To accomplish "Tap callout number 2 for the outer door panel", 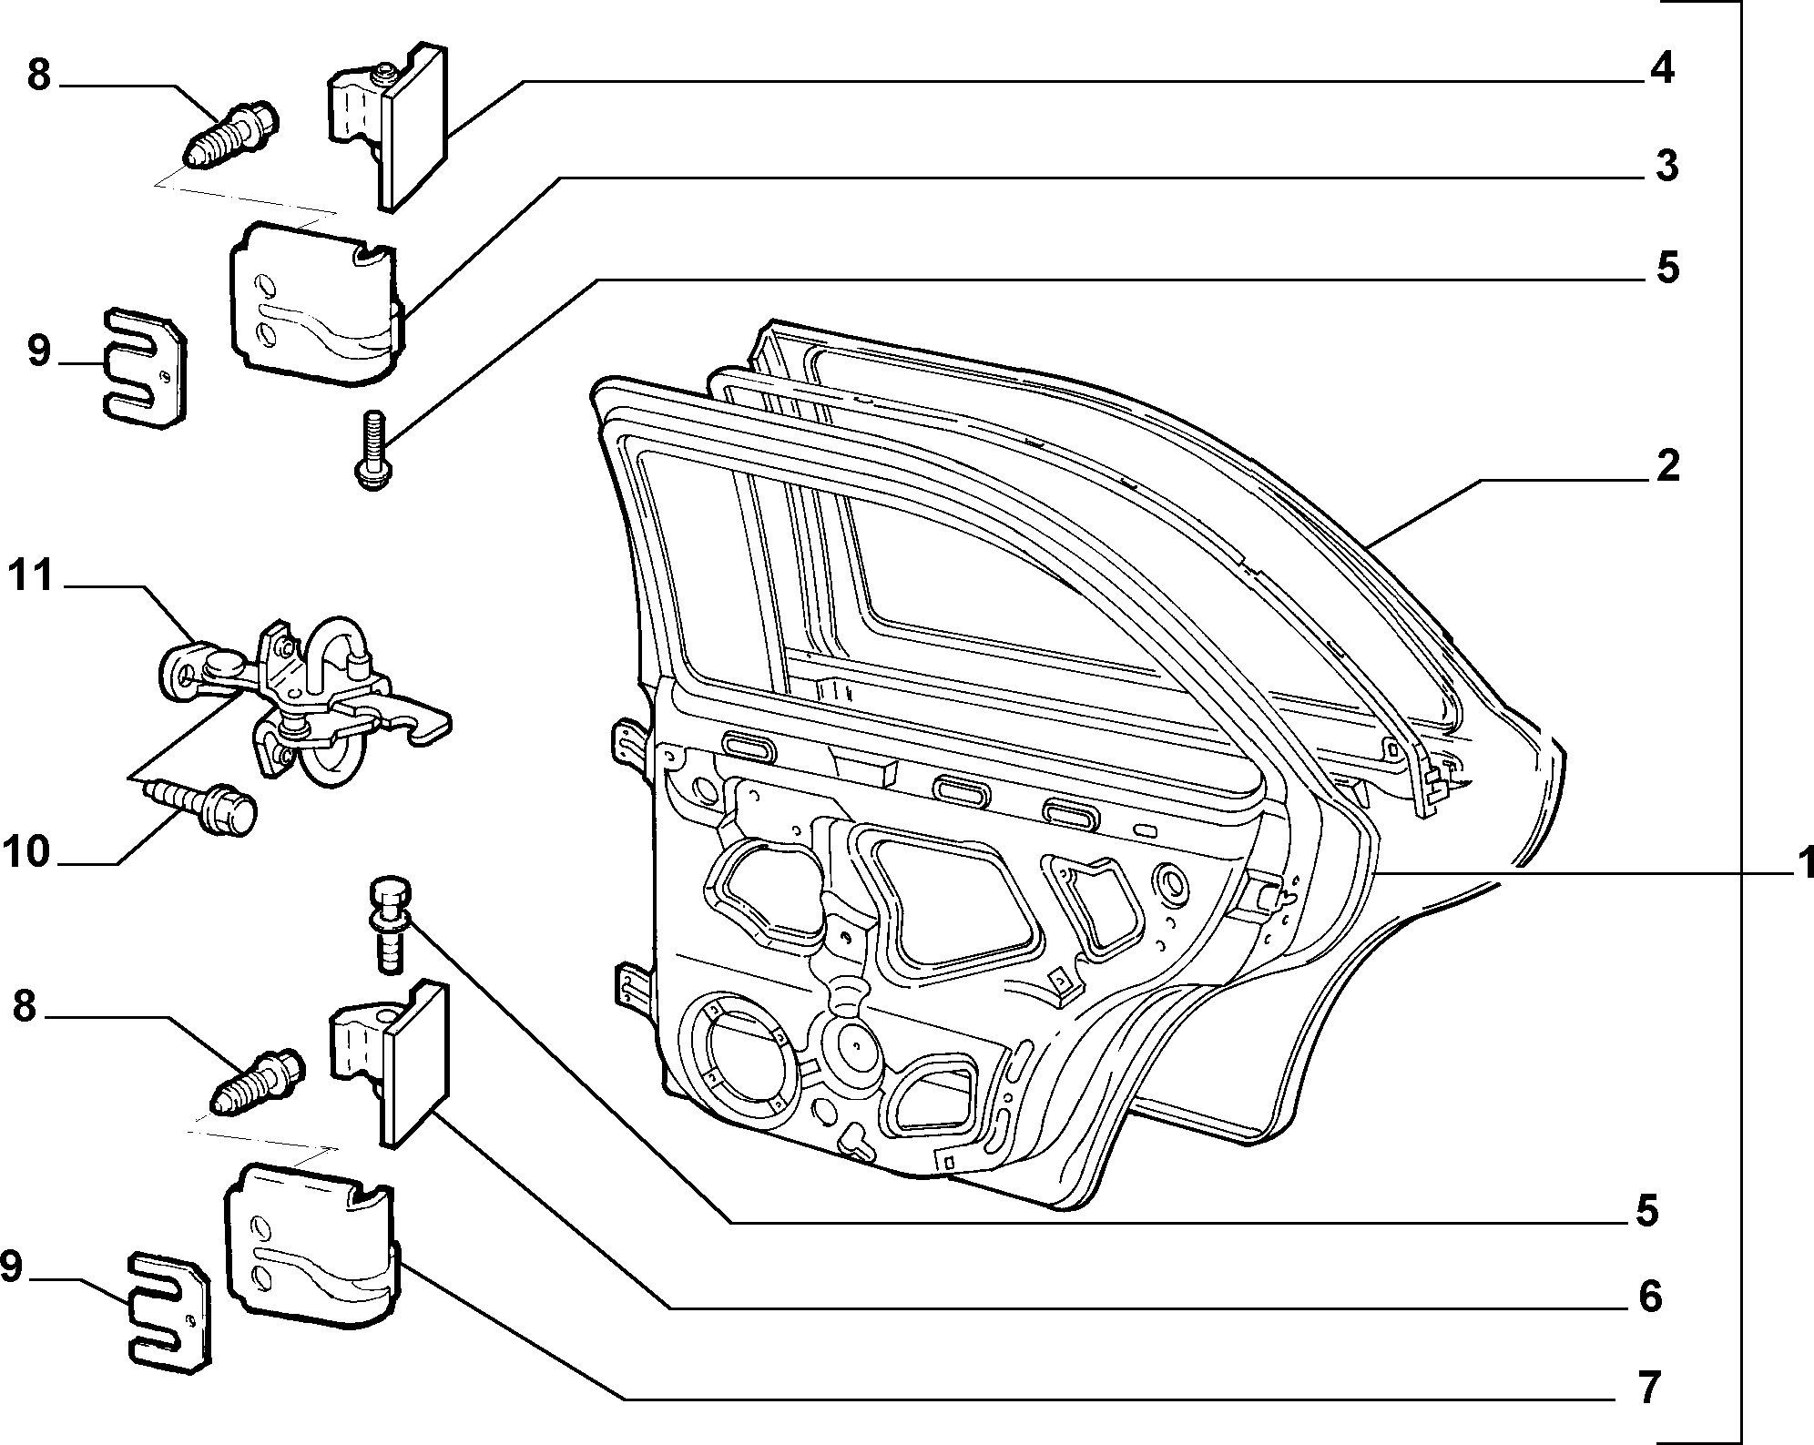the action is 1666,466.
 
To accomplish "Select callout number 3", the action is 1666,167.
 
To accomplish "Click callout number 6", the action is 1650,1297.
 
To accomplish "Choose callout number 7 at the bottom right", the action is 1649,1388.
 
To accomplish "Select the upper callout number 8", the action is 37,75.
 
